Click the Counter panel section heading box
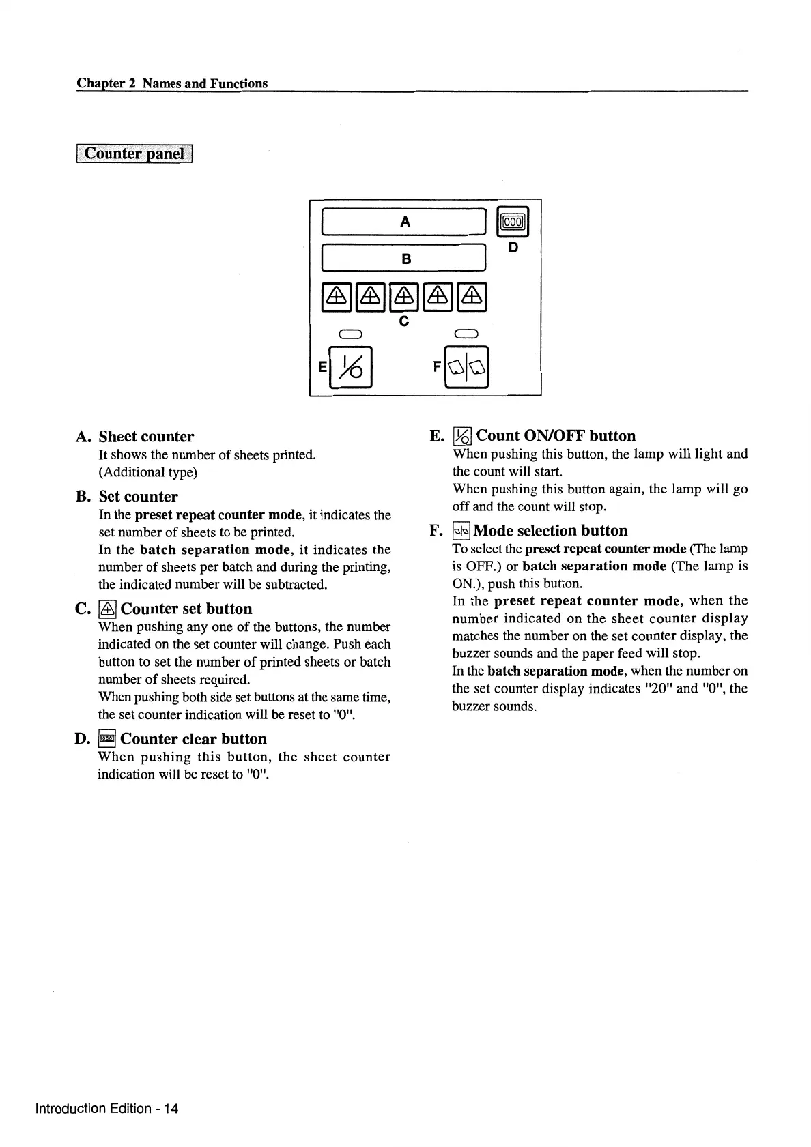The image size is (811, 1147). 135,154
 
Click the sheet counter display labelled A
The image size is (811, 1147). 405,222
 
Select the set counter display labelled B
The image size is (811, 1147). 405,259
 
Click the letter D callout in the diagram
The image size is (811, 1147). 514,247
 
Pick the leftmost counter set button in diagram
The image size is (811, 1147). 336,296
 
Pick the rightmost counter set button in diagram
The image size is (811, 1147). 473,296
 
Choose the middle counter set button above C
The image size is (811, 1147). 404,296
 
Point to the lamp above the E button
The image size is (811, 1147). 350,334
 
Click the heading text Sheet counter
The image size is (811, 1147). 146,437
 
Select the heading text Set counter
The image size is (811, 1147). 138,497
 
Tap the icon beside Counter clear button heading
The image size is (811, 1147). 107,739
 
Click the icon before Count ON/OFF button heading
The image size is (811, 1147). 463,436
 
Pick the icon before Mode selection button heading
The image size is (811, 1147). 461,531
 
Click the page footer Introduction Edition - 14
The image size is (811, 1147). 106,1108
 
